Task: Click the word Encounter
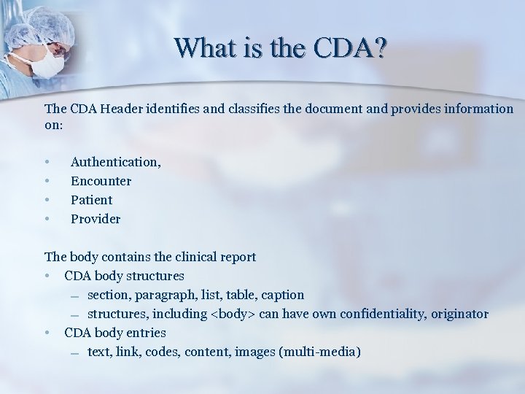click(101, 181)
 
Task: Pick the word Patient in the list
click(91, 200)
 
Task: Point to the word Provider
click(96, 219)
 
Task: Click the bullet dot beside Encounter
click(47, 181)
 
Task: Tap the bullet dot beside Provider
click(47, 219)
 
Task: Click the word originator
click(459, 314)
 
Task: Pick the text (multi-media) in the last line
click(319, 352)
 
